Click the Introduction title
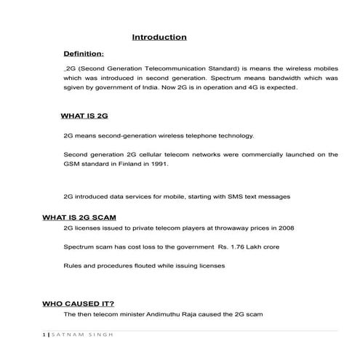[x=159, y=37]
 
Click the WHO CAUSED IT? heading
[x=78, y=303]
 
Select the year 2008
[x=286, y=228]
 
